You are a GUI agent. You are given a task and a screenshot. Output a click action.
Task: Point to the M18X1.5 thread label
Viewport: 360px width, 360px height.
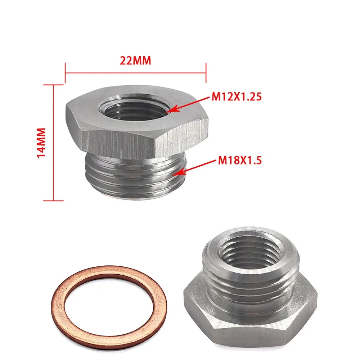pos(239,160)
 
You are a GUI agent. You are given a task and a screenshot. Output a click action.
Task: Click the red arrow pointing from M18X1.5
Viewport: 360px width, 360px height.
pos(194,167)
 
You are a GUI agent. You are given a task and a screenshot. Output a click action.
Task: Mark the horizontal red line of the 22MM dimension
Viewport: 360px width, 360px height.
pos(135,73)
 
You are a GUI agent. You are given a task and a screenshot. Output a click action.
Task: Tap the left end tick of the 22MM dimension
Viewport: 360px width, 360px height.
pos(65,73)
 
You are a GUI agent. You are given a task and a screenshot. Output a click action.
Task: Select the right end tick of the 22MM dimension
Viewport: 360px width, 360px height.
pos(206,73)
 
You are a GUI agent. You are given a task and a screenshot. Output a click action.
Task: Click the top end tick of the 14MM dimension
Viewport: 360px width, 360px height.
pos(53,85)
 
